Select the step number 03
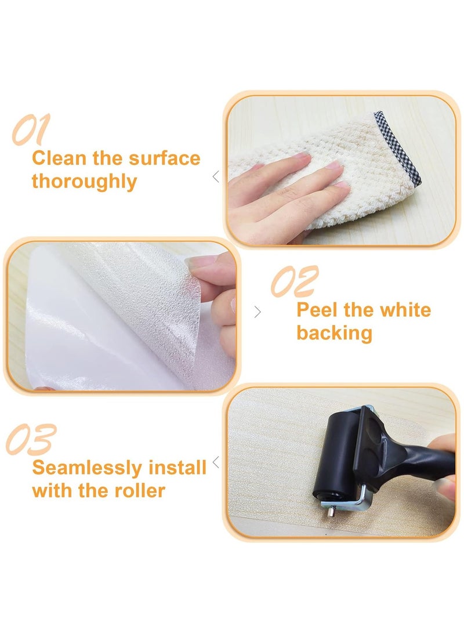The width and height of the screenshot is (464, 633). tap(31, 439)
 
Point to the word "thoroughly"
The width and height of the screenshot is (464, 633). tap(85, 181)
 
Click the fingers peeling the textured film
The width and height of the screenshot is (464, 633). tap(217, 290)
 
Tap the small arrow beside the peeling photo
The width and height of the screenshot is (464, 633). tap(258, 312)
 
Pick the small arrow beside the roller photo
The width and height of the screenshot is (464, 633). tap(216, 462)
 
